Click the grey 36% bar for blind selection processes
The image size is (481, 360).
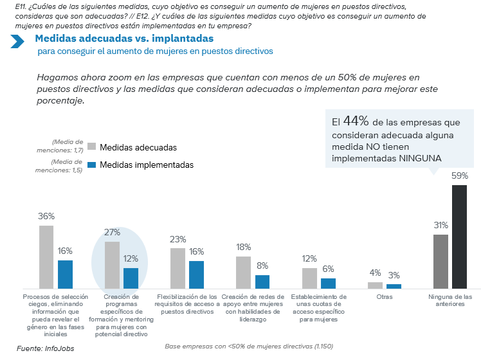(x=46, y=257)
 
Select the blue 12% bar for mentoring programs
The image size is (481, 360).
(x=131, y=278)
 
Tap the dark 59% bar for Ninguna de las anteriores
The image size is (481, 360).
(x=459, y=237)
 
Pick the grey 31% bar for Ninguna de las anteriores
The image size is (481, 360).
(x=440, y=262)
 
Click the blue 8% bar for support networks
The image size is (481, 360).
(x=262, y=282)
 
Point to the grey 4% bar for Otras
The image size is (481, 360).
(x=375, y=285)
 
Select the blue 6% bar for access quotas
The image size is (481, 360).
(x=328, y=283)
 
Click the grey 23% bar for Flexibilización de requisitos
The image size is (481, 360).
(x=177, y=268)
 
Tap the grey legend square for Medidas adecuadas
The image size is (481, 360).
(x=91, y=147)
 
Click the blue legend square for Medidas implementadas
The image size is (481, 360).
(x=91, y=165)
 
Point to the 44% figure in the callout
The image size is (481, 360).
(x=355, y=121)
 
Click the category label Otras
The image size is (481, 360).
(x=385, y=297)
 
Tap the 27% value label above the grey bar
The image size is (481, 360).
(x=112, y=232)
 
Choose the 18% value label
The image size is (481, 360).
(x=243, y=247)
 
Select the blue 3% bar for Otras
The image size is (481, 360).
(x=394, y=285)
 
